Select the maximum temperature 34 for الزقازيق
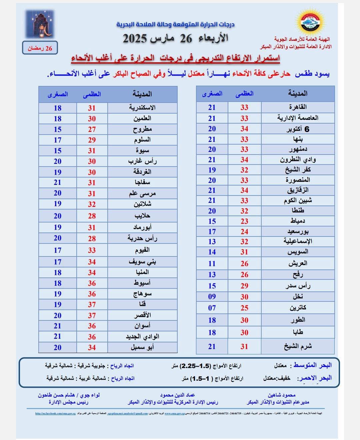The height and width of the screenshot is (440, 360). pos(244,191)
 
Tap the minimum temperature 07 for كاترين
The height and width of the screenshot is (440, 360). pos(212,308)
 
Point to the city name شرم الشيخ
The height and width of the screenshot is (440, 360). pos(298,346)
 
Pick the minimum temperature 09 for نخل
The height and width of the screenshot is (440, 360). pos(212,297)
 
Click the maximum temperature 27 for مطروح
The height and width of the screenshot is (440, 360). pos(92,130)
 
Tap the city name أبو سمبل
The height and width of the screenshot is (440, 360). pos(142,347)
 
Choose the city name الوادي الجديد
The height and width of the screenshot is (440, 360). pos(142,337)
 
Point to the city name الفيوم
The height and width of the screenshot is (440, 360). pos(142,250)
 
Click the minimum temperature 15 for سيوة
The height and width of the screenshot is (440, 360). pos(58,151)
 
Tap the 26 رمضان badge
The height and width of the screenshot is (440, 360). pos(40,48)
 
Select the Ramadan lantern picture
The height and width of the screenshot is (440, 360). pos(40,24)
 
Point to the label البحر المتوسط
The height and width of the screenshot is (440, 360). pos(312,365)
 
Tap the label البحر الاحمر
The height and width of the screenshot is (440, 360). pos(315,378)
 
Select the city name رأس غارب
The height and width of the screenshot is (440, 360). pos(142,162)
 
